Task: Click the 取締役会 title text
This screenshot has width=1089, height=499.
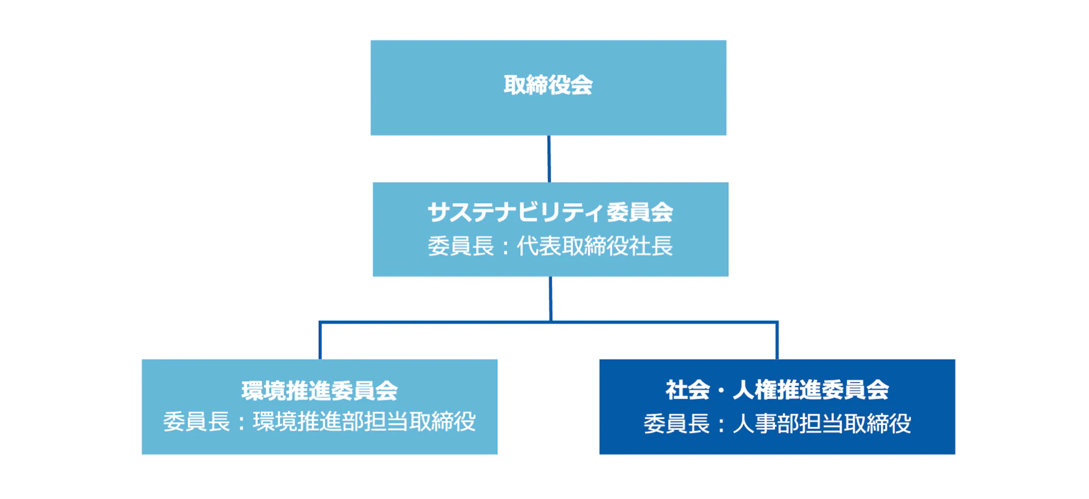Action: pyautogui.click(x=548, y=85)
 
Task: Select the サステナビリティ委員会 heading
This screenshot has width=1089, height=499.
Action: pyautogui.click(x=550, y=212)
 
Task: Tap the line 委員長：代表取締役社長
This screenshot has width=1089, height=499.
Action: pyautogui.click(x=550, y=246)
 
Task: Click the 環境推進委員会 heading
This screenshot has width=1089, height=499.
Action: pyautogui.click(x=319, y=391)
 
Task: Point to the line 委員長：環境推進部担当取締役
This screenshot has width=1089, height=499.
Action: pyautogui.click(x=319, y=422)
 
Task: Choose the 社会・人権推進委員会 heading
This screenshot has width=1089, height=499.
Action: pyautogui.click(x=777, y=390)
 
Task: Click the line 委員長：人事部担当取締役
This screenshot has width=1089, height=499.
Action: pyautogui.click(x=777, y=423)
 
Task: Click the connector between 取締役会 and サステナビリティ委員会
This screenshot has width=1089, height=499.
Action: pyautogui.click(x=549, y=158)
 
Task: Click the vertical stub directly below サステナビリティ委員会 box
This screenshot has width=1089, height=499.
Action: pyautogui.click(x=551, y=298)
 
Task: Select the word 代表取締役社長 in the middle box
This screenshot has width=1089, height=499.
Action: pyautogui.click(x=595, y=246)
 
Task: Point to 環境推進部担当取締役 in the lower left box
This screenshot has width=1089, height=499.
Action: pyautogui.click(x=364, y=422)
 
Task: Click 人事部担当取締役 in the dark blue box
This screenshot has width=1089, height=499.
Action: pyautogui.click(x=822, y=423)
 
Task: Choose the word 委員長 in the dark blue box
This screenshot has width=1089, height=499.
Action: pyautogui.click(x=676, y=423)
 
